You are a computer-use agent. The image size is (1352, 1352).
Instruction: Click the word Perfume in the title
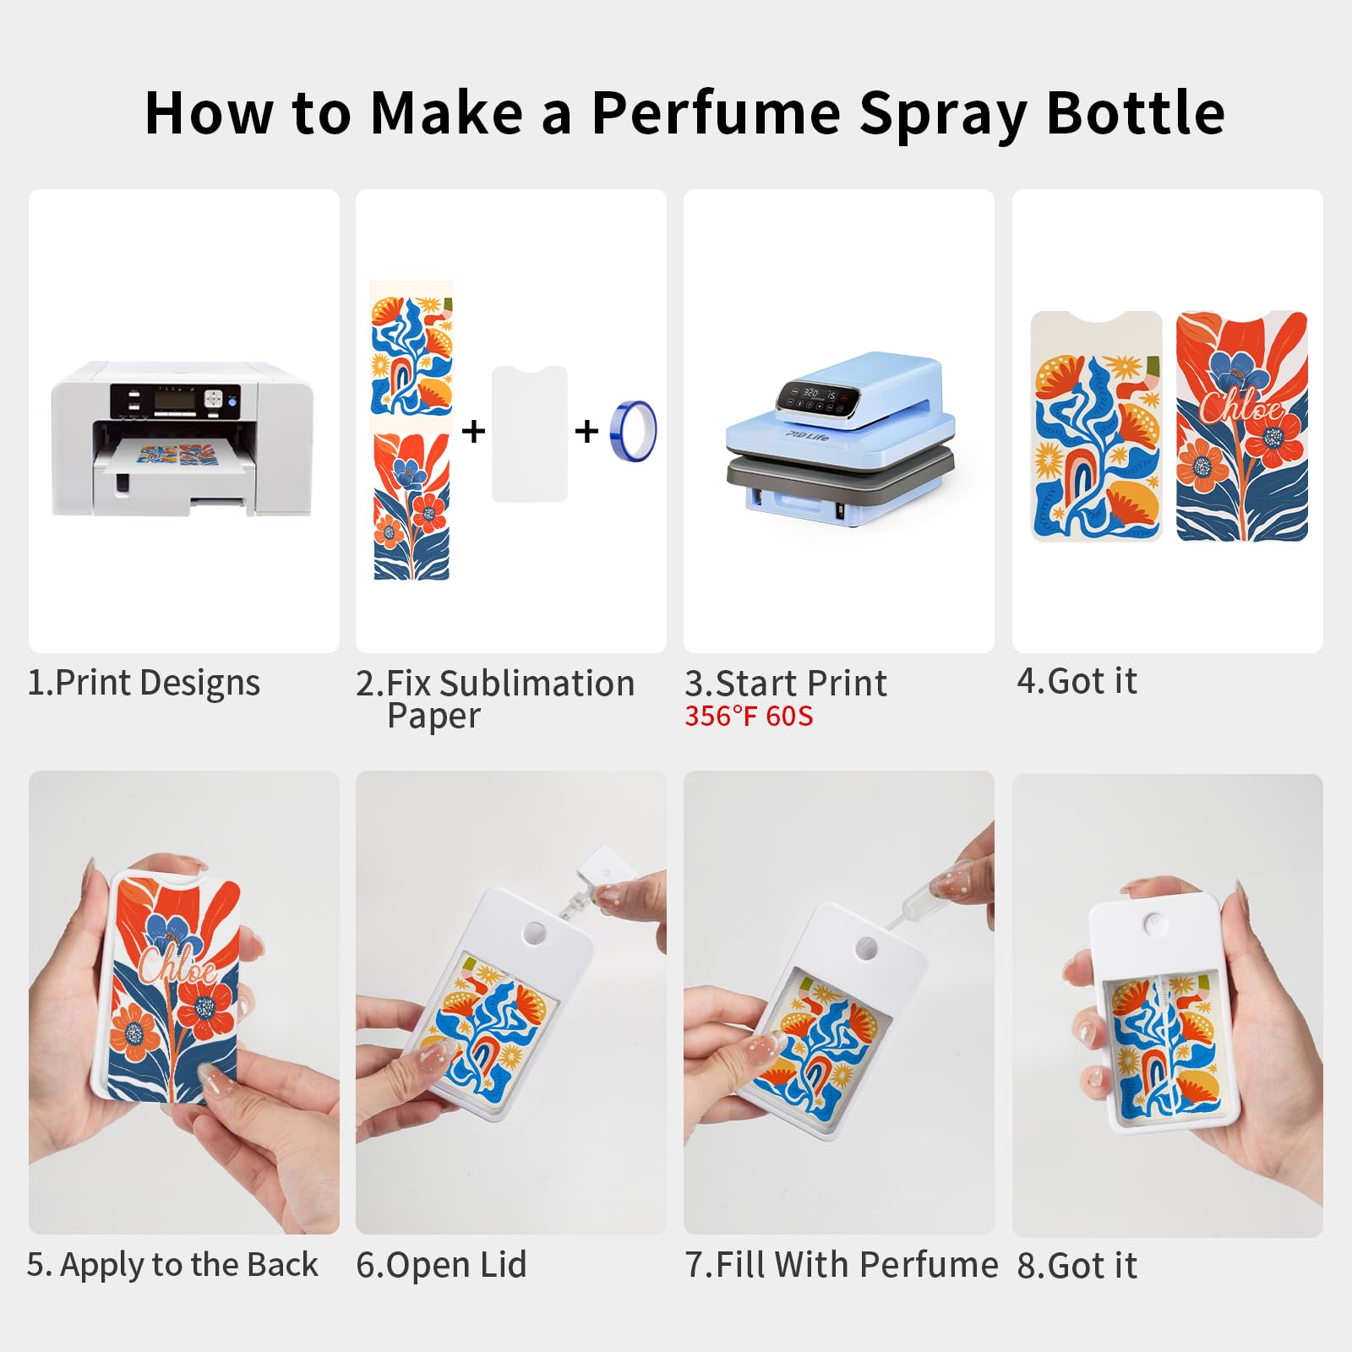(716, 114)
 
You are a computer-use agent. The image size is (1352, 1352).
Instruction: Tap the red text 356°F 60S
(749, 717)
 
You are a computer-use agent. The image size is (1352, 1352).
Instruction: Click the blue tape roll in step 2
(634, 431)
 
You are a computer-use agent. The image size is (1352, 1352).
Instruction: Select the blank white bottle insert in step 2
(530, 434)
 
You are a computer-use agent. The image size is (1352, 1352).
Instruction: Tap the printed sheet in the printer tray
(177, 454)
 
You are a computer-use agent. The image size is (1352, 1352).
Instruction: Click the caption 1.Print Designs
(144, 683)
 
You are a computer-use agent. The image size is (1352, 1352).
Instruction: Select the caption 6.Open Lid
(441, 1265)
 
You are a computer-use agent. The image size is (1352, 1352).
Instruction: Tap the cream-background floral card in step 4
(1097, 427)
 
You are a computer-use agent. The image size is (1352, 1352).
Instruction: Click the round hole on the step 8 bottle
(1153, 924)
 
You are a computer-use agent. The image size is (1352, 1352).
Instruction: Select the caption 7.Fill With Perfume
(842, 1265)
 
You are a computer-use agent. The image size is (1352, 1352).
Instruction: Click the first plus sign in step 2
(474, 431)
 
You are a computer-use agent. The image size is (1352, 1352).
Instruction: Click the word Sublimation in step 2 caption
(537, 684)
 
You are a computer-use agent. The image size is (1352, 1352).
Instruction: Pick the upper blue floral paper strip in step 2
(412, 355)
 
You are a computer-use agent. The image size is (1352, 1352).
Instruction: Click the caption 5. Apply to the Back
(172, 1265)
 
